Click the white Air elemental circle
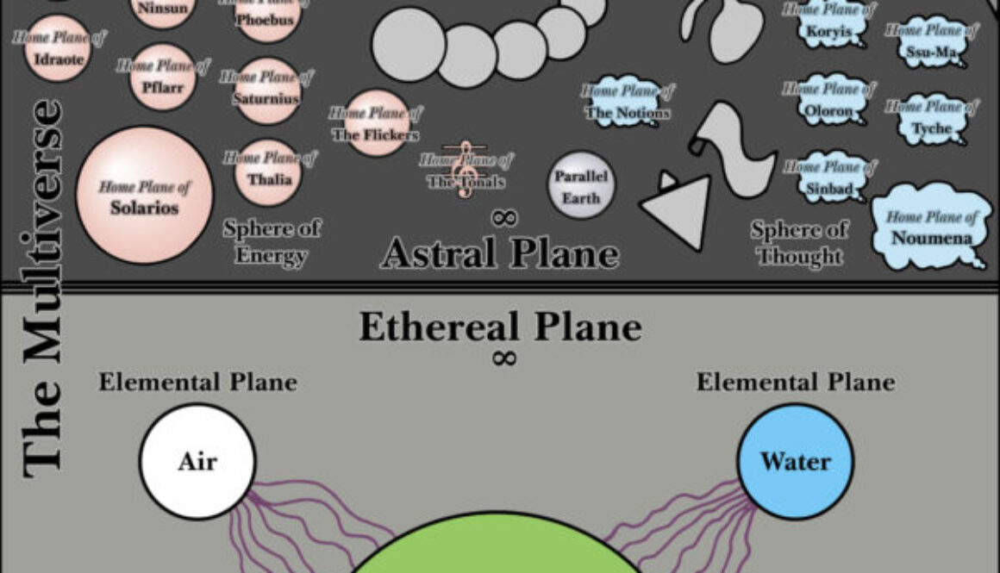click(197, 461)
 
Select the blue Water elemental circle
click(795, 461)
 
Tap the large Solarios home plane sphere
click(144, 196)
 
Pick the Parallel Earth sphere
click(581, 186)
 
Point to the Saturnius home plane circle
click(267, 91)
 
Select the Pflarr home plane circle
click(163, 78)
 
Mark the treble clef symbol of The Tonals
click(466, 169)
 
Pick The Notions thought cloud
click(627, 103)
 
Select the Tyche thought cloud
click(931, 119)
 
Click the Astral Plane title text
click(499, 252)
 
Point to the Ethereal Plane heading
click(500, 327)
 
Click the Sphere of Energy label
click(271, 242)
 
